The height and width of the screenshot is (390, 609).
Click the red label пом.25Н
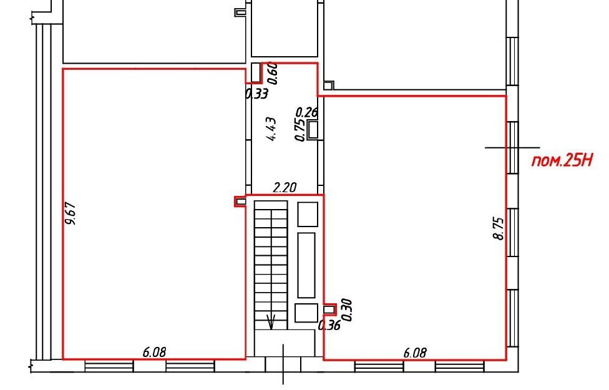562,160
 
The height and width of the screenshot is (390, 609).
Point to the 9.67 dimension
71,213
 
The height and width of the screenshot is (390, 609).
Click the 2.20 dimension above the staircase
285,188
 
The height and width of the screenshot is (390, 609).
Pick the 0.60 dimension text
273,73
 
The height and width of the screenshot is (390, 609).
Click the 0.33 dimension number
256,94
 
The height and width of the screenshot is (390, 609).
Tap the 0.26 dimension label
307,112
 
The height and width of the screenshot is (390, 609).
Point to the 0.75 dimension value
300,130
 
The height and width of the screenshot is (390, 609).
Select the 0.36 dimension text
329,325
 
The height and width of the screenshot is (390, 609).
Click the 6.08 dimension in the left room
154,353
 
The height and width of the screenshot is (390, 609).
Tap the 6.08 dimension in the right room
415,353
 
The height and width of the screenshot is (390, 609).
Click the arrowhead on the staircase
271,322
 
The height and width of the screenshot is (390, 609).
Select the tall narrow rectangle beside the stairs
306,265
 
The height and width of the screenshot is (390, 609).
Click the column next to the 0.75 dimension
313,130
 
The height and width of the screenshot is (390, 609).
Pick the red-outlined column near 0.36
329,309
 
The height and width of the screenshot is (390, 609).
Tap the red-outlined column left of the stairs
240,201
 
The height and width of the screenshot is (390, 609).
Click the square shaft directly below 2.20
308,214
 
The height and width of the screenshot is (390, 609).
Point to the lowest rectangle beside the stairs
306,313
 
